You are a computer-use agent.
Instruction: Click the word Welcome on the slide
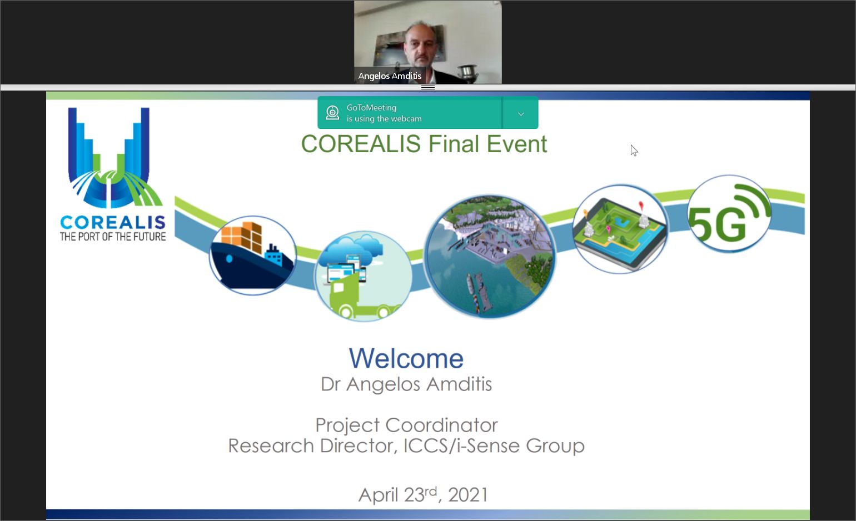(x=406, y=358)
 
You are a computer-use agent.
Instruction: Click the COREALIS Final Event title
(x=424, y=144)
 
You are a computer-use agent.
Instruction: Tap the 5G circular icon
(x=729, y=213)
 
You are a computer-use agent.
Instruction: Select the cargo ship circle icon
(x=252, y=255)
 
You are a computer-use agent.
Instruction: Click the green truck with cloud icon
(x=363, y=276)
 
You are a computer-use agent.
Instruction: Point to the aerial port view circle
(x=490, y=256)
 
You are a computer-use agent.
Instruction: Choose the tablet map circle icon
(x=620, y=229)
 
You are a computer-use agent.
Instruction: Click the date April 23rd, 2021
(x=423, y=495)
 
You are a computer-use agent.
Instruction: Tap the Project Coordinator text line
(x=406, y=425)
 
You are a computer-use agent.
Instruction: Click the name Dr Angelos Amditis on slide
(x=406, y=384)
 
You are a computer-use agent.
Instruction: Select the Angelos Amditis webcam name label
(x=390, y=76)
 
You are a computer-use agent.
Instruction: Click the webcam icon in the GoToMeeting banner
(x=332, y=113)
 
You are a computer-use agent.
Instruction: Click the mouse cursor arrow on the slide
(x=634, y=151)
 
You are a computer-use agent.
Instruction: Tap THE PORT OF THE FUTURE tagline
(x=113, y=237)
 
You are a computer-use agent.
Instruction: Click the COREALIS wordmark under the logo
(x=113, y=222)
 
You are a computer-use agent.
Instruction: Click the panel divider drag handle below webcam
(x=428, y=87)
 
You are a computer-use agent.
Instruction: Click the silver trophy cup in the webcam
(x=469, y=72)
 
